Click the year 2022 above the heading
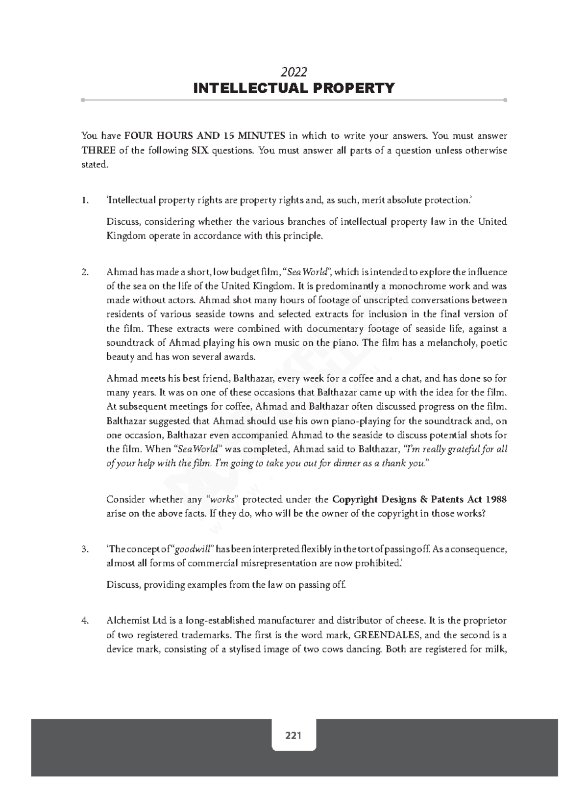[294, 72]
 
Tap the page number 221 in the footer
[293, 735]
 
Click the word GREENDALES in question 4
[387, 635]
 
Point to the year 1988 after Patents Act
[496, 499]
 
